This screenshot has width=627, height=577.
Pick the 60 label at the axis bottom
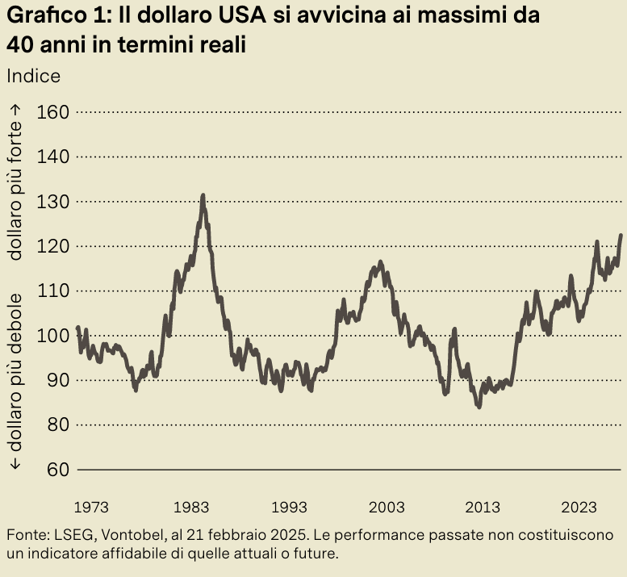point(53,469)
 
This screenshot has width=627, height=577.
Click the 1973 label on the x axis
point(90,507)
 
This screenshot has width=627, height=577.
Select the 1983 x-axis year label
point(191,507)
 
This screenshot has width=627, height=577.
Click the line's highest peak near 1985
point(203,195)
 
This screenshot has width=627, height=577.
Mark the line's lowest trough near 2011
point(479,407)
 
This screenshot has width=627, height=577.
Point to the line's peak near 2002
point(380,262)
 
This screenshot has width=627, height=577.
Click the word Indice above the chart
point(33,76)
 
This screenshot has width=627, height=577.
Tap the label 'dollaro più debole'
point(15,380)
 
